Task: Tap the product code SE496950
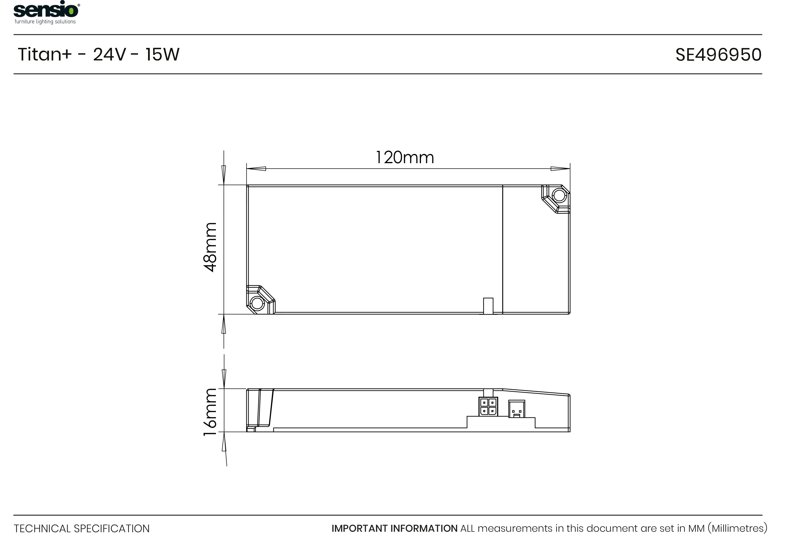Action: click(718, 55)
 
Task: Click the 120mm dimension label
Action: click(404, 158)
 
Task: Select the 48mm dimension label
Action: click(210, 247)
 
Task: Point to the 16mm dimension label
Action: click(210, 412)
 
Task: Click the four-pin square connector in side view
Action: click(488, 407)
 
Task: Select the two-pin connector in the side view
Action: click(517, 409)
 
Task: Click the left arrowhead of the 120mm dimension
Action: click(256, 169)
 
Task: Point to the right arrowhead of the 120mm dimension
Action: click(560, 169)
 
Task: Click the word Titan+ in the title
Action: click(44, 55)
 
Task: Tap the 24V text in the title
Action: click(109, 55)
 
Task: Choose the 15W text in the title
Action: click(162, 55)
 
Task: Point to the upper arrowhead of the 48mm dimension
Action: click(223, 175)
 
